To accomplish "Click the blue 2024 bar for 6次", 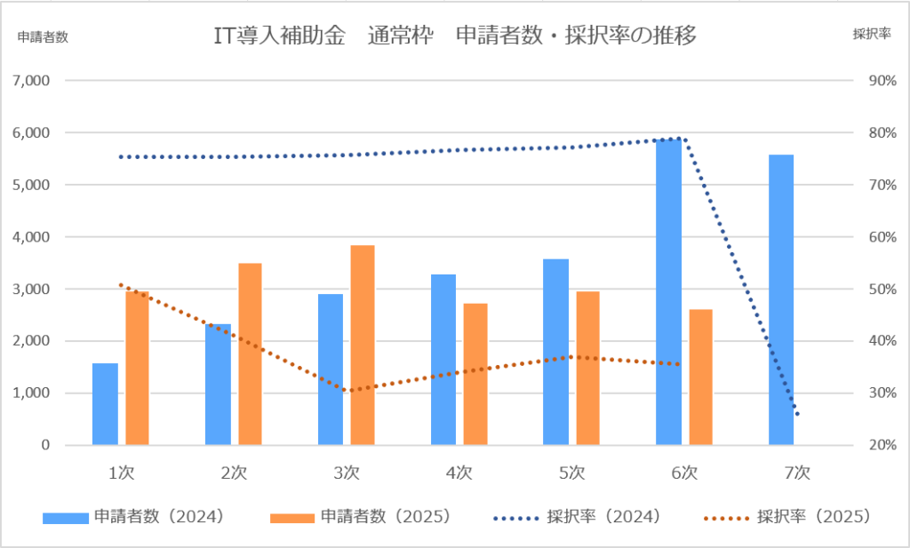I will pos(668,293).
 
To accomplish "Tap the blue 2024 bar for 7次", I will pos(781,299).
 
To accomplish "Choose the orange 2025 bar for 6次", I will pos(700,377).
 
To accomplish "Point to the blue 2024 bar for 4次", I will pos(443,359).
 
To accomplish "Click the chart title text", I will pos(454,36).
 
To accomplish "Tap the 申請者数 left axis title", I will pos(43,36).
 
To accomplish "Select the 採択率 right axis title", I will pos(871,36).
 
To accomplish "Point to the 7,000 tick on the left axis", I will pos(32,81).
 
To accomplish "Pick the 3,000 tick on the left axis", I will pos(32,289).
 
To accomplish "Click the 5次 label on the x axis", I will pos(571,473).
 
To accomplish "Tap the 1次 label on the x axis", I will pos(121,473).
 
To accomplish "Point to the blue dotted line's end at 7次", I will pos(797,415).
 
